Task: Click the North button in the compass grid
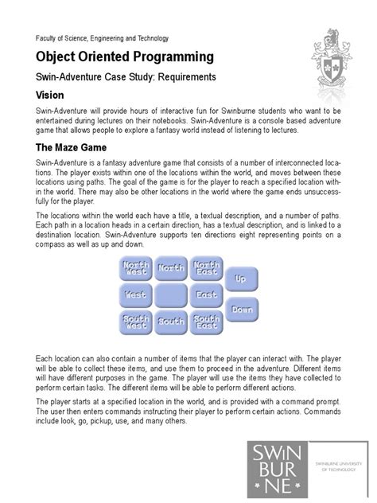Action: click(171, 270)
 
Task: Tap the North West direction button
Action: click(135, 270)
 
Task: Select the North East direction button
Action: click(207, 270)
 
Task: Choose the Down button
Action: click(243, 309)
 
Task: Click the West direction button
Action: click(135, 295)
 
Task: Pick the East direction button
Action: click(207, 295)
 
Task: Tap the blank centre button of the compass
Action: click(171, 295)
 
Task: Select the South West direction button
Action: click(135, 322)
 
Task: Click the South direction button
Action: click(171, 322)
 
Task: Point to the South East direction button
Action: click(207, 322)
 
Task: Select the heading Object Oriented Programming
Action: click(123, 57)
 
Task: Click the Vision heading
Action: click(50, 94)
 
